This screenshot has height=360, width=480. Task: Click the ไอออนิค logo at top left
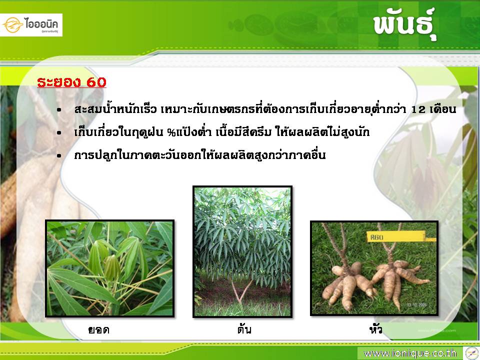tap(31, 25)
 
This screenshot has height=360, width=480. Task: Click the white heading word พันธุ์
tap(404, 23)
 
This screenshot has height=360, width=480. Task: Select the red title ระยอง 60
tap(71, 82)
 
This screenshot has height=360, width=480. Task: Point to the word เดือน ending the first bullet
tap(443, 109)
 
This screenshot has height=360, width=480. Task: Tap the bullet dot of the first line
tap(59, 110)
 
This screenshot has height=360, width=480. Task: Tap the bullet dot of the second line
tap(59, 133)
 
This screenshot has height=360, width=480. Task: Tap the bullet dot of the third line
tap(59, 156)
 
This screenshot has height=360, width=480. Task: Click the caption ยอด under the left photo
tap(98, 329)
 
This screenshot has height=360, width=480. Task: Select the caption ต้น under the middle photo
tap(244, 329)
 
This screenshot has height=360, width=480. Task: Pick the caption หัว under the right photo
tap(375, 329)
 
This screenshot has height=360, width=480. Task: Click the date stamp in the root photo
tap(418, 305)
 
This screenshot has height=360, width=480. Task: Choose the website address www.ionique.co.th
tap(410, 353)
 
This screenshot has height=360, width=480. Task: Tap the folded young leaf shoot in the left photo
tap(112, 267)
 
